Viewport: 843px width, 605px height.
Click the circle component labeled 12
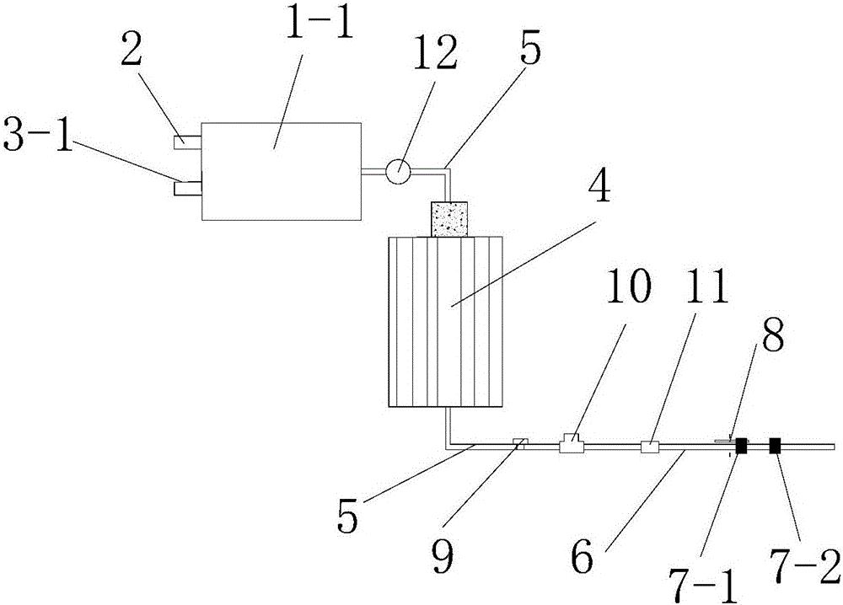pos(398,170)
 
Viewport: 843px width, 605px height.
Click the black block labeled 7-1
pos(741,447)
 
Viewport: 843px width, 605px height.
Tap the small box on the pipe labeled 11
pos(650,447)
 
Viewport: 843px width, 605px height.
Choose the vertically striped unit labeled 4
pos(444,323)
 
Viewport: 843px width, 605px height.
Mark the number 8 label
pos(771,339)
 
